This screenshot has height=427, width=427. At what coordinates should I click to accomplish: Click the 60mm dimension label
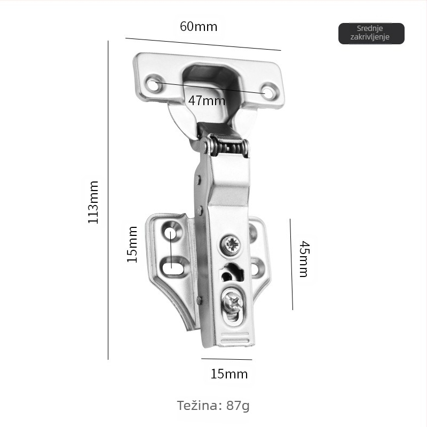point(199,26)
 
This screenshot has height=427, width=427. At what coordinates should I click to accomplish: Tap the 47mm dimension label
point(207,100)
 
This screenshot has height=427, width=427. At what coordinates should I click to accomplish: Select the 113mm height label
point(93,202)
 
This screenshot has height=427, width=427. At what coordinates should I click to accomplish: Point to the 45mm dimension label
point(304,259)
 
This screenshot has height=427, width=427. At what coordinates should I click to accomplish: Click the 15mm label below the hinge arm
point(229,374)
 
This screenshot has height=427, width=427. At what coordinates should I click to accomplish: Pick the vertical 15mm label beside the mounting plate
point(132,244)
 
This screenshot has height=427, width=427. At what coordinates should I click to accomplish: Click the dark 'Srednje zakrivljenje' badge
point(371,34)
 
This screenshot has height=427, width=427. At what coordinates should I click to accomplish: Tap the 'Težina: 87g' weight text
point(213,406)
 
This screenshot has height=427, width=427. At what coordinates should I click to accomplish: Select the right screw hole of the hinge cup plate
point(268,92)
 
